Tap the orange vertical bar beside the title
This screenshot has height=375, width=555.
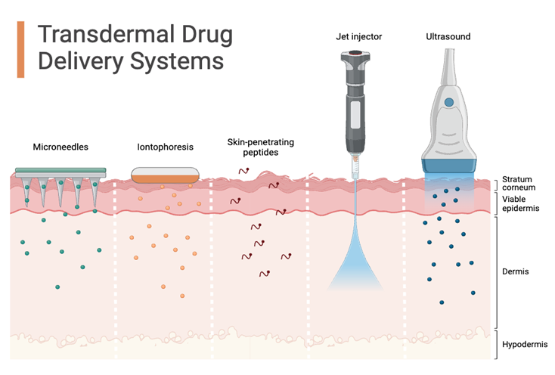point(20,48)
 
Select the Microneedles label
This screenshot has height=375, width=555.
point(60,147)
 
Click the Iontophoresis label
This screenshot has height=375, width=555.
point(166,147)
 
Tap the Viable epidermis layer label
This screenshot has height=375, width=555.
point(521,203)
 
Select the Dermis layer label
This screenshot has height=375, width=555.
point(516,270)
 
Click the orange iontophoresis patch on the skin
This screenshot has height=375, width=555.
point(165,178)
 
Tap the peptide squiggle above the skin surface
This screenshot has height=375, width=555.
point(244,171)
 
